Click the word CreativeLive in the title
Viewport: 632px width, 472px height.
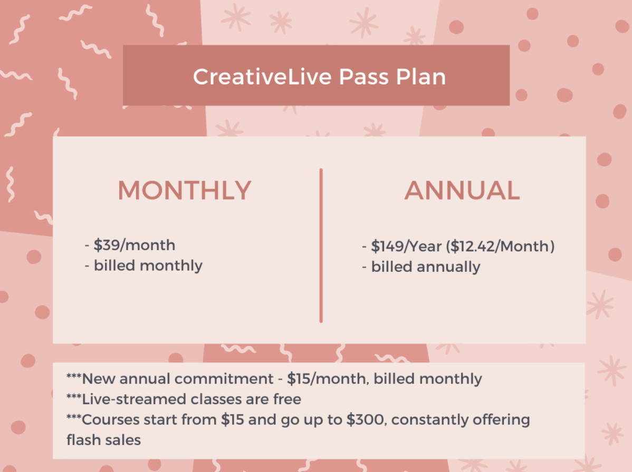(x=262, y=76)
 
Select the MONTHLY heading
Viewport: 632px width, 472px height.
(x=185, y=190)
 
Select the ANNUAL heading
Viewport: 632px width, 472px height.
(x=462, y=190)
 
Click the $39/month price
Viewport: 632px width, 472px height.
(x=134, y=245)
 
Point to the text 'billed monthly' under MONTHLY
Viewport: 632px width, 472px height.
(x=148, y=266)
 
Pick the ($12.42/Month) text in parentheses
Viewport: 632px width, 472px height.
(x=500, y=246)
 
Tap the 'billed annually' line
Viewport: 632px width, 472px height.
(x=426, y=267)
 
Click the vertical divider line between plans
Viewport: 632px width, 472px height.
(x=321, y=245)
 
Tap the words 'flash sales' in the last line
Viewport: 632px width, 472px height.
(x=103, y=440)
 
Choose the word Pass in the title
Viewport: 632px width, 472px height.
(x=363, y=76)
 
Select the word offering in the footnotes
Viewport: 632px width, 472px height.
(x=501, y=420)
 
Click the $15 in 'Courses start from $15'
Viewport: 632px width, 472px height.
(x=233, y=420)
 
